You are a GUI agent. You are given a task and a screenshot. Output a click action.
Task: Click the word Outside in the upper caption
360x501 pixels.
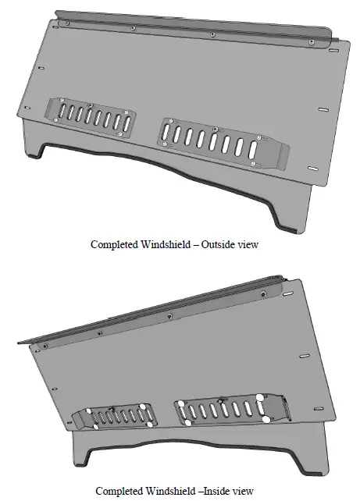tap(216, 244)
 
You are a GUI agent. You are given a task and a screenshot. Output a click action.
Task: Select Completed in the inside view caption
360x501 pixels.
tap(121, 491)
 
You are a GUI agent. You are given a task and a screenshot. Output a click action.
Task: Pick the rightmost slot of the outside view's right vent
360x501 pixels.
tap(255, 147)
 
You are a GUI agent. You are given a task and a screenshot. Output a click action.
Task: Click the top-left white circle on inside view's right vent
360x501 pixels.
tap(182, 403)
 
